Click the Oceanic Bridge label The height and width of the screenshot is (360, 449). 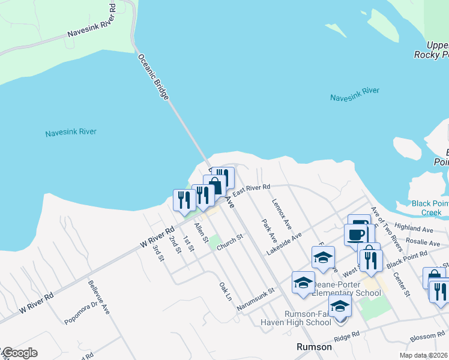click(x=154, y=77)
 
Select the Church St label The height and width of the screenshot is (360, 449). click(x=230, y=242)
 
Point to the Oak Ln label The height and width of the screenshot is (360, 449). click(x=225, y=291)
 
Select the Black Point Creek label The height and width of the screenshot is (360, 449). click(x=430, y=208)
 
